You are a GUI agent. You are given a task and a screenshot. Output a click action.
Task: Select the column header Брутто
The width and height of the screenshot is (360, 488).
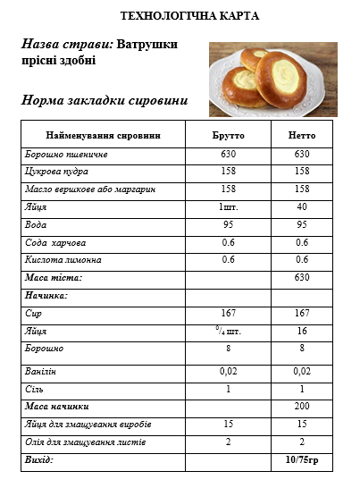228,135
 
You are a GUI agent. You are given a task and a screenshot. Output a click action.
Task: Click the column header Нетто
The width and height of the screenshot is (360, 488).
302,135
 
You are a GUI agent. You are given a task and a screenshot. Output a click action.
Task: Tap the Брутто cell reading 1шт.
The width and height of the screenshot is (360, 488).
228,206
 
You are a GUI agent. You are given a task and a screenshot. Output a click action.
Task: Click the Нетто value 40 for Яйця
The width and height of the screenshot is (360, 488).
302,206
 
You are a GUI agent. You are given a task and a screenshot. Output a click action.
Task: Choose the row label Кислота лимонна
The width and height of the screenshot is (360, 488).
63,260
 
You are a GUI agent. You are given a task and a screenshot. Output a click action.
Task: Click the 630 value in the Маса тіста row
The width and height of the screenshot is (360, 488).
302,278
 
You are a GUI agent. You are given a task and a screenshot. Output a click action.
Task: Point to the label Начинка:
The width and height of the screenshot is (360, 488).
46,295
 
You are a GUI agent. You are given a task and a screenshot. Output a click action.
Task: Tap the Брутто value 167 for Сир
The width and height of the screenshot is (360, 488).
228,314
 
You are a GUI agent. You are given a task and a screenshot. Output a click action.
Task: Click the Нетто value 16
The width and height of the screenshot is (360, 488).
302,331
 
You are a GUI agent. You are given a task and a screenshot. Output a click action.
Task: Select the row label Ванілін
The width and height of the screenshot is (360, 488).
41,371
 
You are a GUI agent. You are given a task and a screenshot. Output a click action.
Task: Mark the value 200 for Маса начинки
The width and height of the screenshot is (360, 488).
302,407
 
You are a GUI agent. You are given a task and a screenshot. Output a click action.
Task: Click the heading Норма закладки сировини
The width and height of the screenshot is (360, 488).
105,100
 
